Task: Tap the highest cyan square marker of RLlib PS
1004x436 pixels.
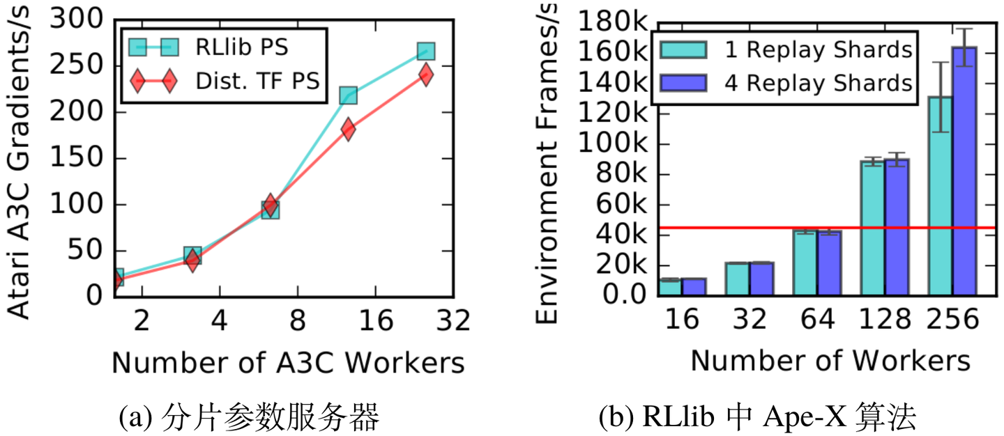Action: coord(426,51)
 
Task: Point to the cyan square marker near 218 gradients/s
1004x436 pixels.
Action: coord(348,95)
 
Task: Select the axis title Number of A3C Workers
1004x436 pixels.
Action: coord(287,363)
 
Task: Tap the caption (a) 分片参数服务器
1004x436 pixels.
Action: coord(249,418)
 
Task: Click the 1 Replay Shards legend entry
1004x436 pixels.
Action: coord(784,50)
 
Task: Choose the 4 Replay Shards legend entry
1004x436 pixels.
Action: coord(784,83)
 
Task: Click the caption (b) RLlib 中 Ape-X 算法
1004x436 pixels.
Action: coord(756,418)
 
